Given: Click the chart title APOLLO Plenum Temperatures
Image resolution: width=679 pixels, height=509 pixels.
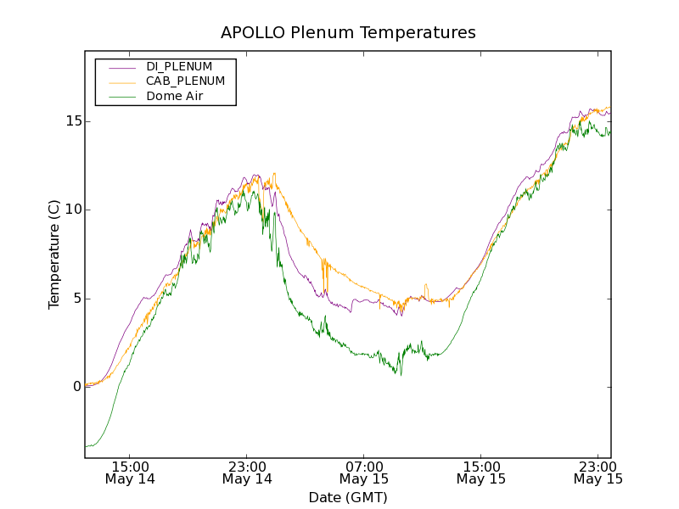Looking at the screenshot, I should tap(348, 33).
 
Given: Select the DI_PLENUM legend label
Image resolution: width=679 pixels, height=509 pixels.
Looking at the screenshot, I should tap(179, 66).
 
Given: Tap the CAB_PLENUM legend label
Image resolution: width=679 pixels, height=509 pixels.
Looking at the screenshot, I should tap(185, 81).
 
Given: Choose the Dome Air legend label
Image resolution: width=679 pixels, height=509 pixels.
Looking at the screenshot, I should tap(175, 97).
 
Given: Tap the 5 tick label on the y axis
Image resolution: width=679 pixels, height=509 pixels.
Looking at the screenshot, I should tap(76, 299).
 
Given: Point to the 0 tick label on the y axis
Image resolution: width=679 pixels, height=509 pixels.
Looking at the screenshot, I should tap(76, 387).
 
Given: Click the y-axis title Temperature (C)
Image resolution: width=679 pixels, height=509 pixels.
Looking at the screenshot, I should tap(54, 255).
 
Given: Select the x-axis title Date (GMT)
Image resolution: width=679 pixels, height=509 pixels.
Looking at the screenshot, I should tap(348, 497).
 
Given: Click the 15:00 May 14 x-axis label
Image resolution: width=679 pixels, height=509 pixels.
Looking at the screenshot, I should tap(130, 473).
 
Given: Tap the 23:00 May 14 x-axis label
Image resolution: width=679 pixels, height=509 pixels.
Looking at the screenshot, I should tap(247, 473).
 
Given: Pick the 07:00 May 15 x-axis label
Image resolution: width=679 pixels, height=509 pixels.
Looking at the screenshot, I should tap(364, 473).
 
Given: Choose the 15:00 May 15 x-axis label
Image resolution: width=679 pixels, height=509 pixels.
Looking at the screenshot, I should tap(481, 473).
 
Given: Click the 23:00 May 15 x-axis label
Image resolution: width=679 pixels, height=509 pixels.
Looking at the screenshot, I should tap(598, 473).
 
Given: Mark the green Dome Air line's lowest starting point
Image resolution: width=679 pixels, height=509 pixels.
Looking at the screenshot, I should tap(86, 446).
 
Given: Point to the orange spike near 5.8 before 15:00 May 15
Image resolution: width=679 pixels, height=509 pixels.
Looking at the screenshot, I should tap(425, 285).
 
